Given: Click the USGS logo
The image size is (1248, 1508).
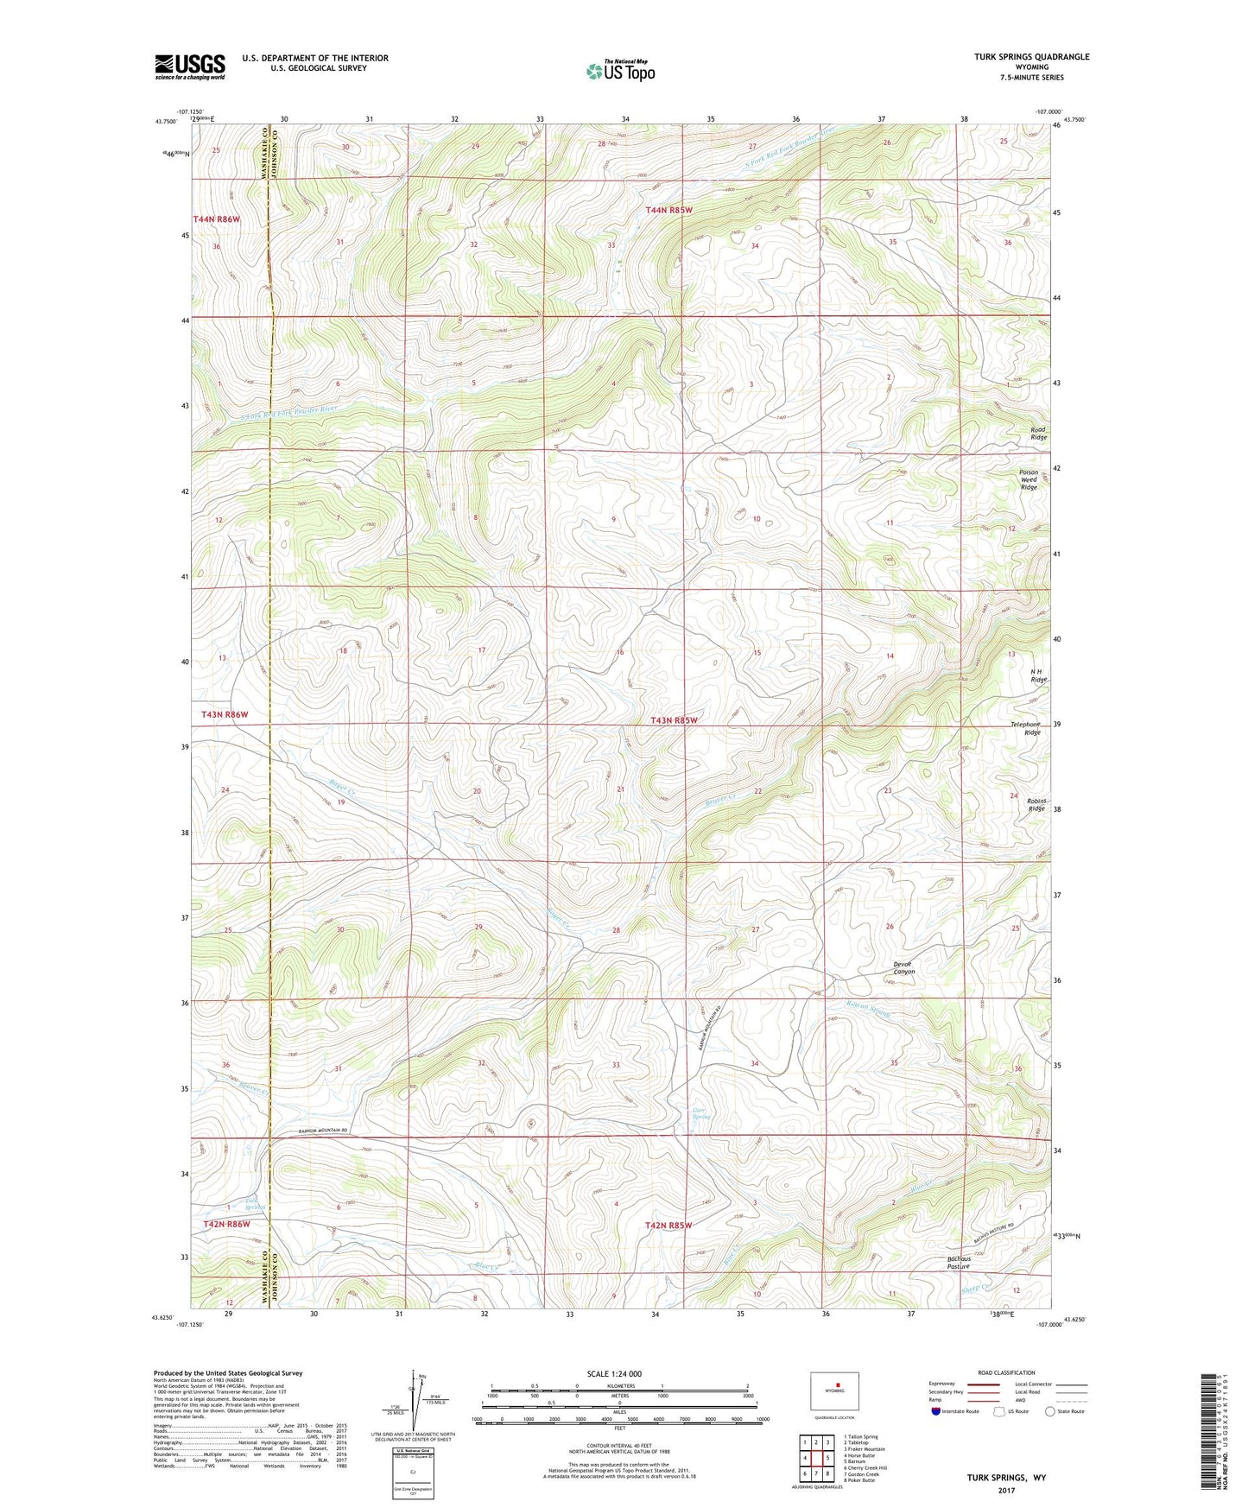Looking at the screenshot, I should [x=190, y=67].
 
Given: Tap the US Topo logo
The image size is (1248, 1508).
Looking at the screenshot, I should [x=620, y=71].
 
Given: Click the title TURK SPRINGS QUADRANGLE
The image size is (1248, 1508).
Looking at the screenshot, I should [x=1031, y=57].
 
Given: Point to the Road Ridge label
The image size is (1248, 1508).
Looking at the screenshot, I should [x=1037, y=434].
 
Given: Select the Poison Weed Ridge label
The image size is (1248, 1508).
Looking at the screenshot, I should [x=1028, y=480].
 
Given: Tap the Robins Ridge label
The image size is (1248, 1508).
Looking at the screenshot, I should [x=1036, y=805].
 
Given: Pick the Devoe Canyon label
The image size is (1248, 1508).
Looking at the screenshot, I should [x=903, y=967].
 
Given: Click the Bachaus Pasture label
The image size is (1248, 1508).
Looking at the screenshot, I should [x=959, y=1263].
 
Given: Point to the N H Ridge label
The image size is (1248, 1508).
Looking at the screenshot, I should [x=1038, y=675].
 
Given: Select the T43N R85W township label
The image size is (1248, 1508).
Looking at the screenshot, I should [x=673, y=719].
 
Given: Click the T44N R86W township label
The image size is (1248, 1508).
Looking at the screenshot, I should [x=216, y=219].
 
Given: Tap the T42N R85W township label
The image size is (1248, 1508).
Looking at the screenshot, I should [x=668, y=1225].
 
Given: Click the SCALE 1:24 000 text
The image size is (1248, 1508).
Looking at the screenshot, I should [x=614, y=1373].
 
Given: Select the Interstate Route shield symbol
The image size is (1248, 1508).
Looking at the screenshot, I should [x=936, y=1411].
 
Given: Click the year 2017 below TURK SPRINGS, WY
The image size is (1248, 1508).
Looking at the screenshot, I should [x=1006, y=1490].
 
